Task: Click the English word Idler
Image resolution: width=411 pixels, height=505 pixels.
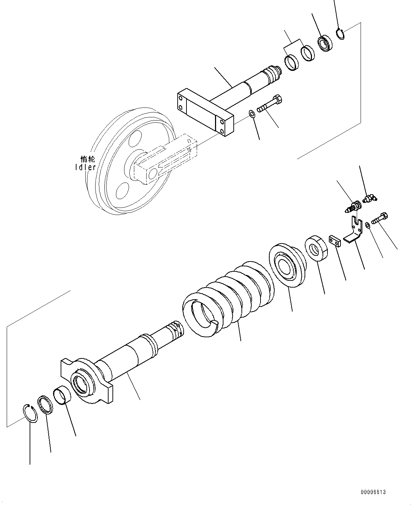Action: click(x=85, y=167)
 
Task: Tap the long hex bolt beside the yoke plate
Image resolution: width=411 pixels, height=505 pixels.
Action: click(x=269, y=103)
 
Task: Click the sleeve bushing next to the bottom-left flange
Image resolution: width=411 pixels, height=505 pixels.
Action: click(x=63, y=396)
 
